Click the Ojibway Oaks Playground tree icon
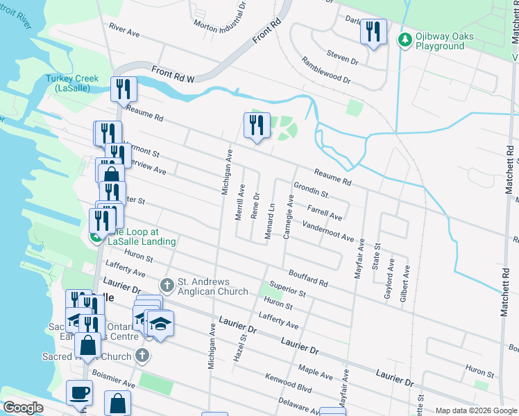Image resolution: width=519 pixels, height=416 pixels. click(x=405, y=40)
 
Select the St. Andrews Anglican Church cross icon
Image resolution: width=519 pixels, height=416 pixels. click(x=167, y=285)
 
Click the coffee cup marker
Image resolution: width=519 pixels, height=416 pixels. click(x=79, y=392)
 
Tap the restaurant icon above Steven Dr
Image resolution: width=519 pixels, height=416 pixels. click(x=373, y=32)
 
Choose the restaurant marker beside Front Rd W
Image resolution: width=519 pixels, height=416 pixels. click(x=124, y=89)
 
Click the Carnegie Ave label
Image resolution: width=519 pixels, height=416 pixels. click(x=289, y=217)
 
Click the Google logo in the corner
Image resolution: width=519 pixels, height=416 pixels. click(x=22, y=408)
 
